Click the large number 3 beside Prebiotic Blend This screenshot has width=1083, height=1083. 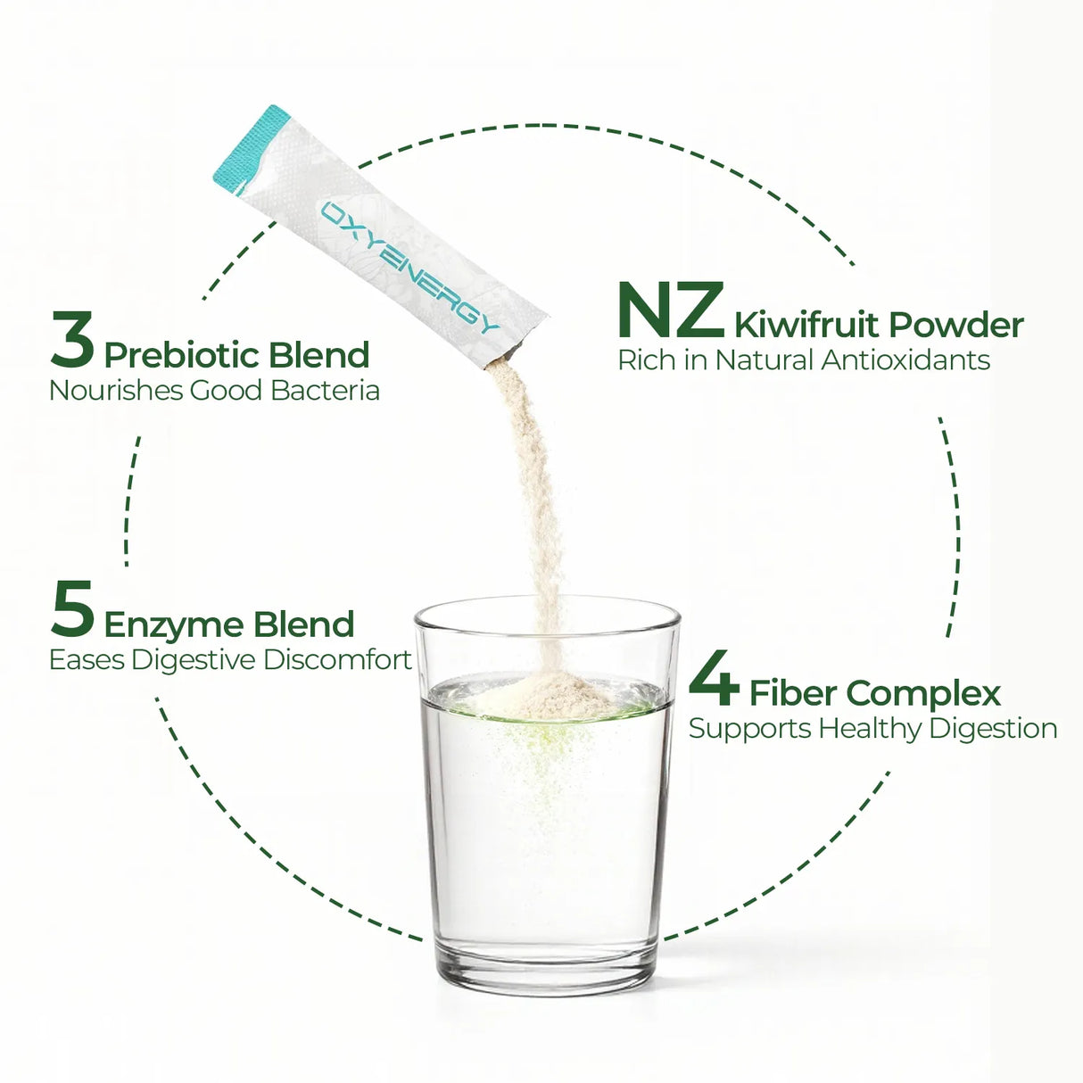(72, 340)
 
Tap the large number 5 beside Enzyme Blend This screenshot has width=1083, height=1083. (72, 609)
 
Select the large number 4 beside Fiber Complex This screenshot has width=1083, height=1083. (714, 678)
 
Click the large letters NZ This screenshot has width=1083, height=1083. (670, 311)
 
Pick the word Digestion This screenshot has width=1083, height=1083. (992, 729)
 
